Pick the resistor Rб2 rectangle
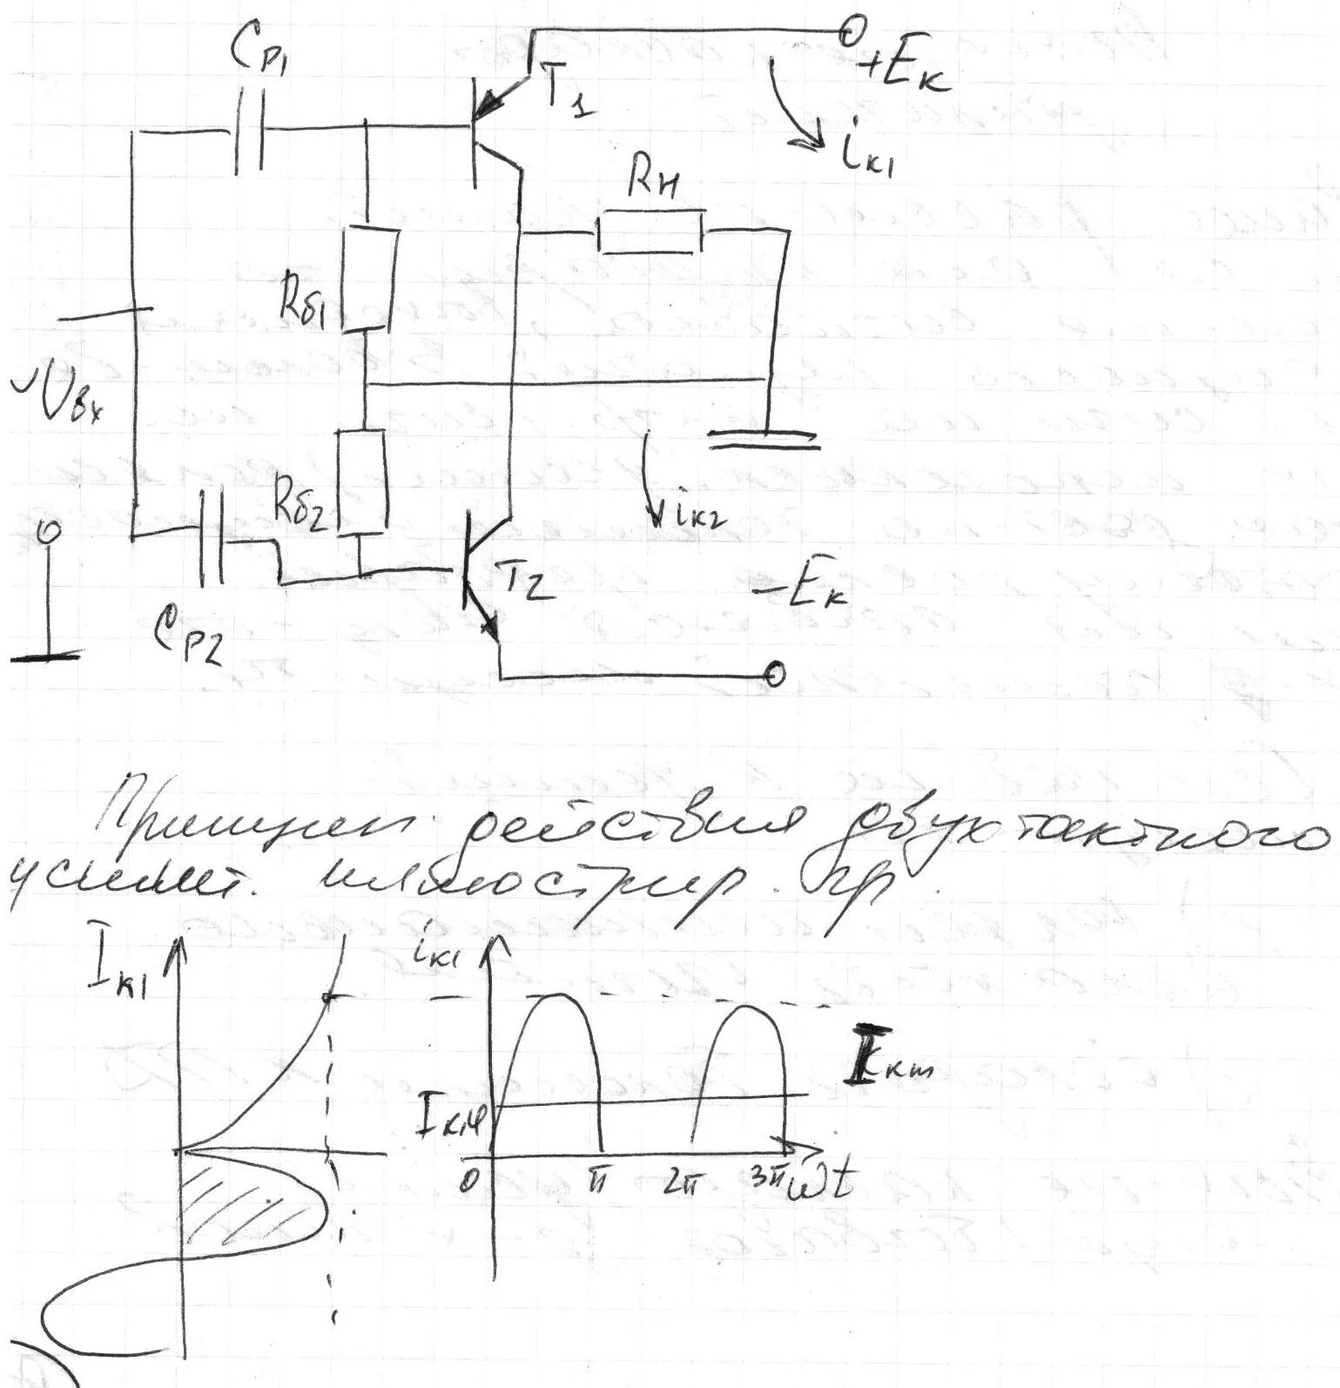coord(360,482)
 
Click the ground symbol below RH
coord(764,438)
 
